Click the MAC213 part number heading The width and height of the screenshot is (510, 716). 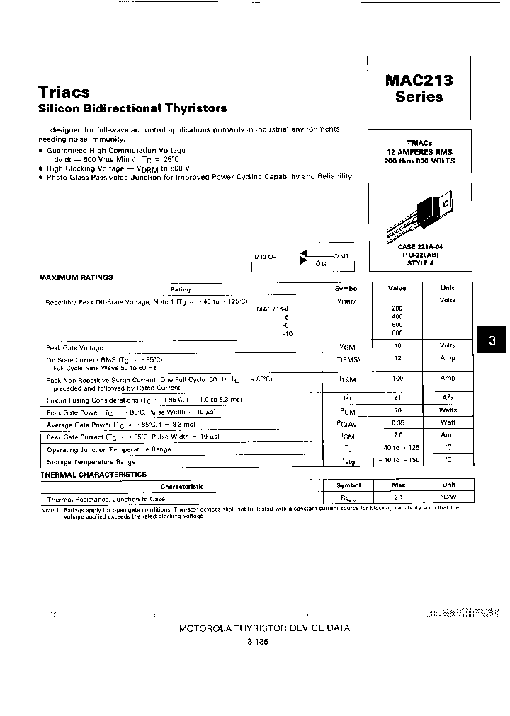point(419,80)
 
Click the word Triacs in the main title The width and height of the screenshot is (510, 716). point(64,92)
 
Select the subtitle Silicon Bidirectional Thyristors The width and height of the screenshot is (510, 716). point(132,108)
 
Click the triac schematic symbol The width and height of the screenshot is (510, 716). point(306,256)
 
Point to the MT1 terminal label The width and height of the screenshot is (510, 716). point(346,255)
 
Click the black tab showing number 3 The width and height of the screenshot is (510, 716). point(492,341)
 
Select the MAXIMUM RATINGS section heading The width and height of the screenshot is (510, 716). point(76,278)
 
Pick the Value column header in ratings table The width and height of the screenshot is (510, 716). point(397,289)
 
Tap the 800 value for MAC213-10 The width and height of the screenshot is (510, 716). point(397,333)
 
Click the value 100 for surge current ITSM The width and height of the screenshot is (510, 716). point(397,379)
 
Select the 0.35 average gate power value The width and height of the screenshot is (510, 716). point(397,423)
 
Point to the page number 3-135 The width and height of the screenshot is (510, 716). point(258,642)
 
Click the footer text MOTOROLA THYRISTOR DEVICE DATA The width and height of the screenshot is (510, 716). point(264,628)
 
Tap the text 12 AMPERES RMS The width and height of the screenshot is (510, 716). point(419,151)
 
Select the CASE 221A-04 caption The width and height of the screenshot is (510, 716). point(419,247)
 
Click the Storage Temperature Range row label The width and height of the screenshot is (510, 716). point(91,461)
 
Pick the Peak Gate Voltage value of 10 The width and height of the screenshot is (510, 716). point(397,346)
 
